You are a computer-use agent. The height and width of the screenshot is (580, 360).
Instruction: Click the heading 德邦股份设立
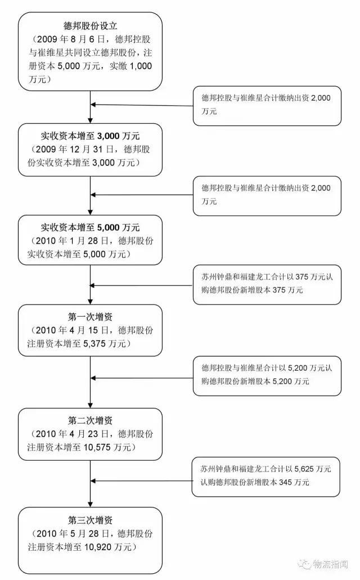[x=90, y=26]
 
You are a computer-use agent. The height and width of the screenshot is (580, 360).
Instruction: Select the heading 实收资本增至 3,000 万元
[x=90, y=136]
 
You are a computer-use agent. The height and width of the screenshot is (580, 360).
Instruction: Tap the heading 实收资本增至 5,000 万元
[x=90, y=228]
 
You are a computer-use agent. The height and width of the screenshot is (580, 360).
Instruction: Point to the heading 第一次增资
[x=90, y=317]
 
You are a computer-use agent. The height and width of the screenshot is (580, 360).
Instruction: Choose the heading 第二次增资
[x=90, y=421]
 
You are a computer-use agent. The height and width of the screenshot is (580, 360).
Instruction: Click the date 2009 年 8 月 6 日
[x=73, y=39]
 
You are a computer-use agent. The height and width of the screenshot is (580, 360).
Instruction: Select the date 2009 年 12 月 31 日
[x=76, y=150]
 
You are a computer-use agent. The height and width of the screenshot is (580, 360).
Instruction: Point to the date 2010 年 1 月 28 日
[x=74, y=241]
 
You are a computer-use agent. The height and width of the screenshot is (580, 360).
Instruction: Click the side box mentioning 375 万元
[x=267, y=284]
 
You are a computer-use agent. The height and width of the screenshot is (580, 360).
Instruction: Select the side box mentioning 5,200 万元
[x=267, y=375]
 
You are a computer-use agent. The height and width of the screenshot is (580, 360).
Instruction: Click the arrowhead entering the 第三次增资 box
[x=90, y=504]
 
